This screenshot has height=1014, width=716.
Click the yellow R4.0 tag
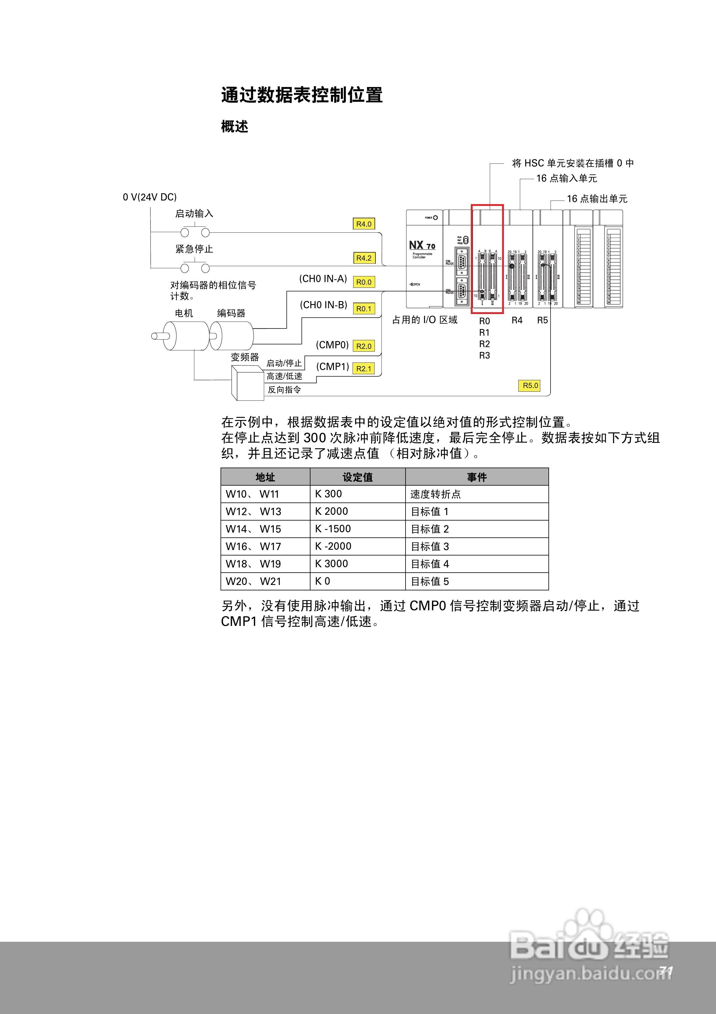tap(364, 224)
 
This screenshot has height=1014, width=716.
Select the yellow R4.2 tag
tap(364, 258)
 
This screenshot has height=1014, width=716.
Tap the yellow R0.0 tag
tap(364, 282)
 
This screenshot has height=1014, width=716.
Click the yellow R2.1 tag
tap(364, 368)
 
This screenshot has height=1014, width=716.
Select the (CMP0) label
tap(332, 345)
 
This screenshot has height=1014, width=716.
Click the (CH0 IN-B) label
tap(324, 305)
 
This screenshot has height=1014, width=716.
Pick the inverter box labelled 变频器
tap(248, 382)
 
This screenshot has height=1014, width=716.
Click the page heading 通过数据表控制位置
tap(301, 95)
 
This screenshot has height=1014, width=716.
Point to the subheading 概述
tap(234, 127)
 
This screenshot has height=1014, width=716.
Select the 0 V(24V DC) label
tap(150, 197)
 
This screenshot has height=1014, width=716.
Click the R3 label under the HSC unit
tap(484, 356)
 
